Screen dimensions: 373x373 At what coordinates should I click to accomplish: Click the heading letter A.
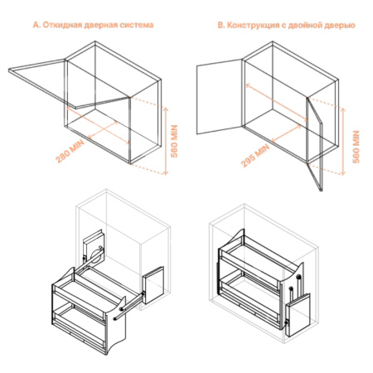click(x=36, y=26)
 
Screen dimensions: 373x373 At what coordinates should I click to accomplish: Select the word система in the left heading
click(x=136, y=26)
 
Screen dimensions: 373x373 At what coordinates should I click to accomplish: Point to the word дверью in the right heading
click(x=340, y=26)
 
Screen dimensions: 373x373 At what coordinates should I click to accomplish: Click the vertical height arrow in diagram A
click(x=166, y=138)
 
